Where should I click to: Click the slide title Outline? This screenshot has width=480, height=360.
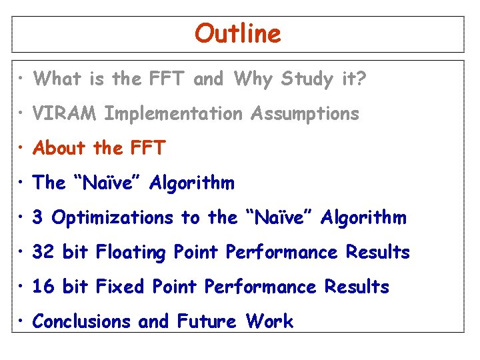point(238,33)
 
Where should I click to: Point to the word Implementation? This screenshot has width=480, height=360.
point(174,115)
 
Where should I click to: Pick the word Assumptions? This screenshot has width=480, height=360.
point(305,115)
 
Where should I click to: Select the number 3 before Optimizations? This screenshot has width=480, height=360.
point(38,217)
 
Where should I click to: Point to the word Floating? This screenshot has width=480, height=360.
point(131,253)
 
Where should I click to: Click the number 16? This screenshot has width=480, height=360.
point(43,287)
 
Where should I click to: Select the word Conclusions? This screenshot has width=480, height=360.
point(82,321)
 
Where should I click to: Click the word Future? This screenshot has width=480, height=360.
point(206,321)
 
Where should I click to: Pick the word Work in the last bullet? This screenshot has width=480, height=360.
point(269,321)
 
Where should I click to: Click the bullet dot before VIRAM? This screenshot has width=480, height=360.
point(22,114)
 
